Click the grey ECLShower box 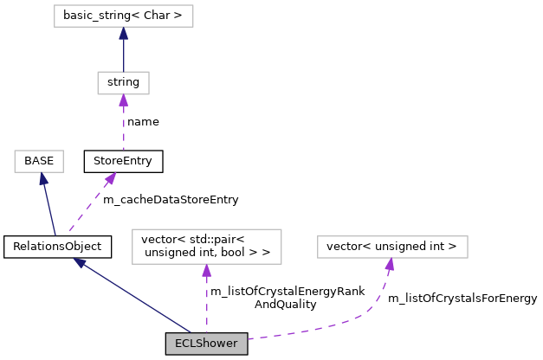206,344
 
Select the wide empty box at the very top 123,16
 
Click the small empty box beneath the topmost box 123,83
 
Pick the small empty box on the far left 39,162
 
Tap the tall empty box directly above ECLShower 207,247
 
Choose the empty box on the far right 392,247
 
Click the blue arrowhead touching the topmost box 123,34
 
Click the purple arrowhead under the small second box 123,100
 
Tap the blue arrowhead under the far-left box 43,179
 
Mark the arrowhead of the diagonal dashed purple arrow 111,178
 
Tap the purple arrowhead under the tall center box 207,271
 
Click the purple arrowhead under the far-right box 390,265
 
